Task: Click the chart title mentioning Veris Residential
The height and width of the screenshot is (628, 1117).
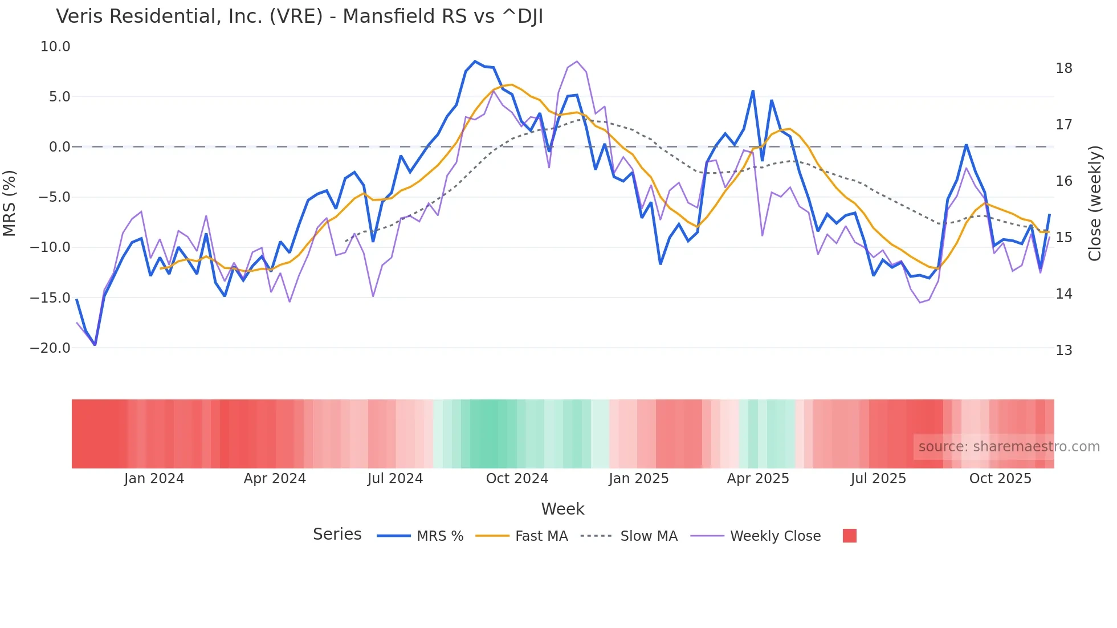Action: tap(299, 17)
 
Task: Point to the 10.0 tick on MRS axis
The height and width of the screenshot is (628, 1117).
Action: tap(55, 47)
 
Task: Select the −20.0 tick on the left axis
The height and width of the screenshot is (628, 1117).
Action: tap(50, 348)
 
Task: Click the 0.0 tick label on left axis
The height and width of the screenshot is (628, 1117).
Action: tap(59, 147)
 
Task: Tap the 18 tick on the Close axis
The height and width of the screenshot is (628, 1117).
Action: tap(1063, 68)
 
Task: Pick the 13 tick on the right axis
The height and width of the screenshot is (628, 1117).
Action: tap(1063, 350)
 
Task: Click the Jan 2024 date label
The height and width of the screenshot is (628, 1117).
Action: tap(154, 479)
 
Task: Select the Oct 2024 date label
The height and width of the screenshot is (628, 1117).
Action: tap(517, 479)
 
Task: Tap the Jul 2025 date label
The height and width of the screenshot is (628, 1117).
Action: tap(878, 479)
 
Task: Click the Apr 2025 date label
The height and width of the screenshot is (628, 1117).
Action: tap(758, 479)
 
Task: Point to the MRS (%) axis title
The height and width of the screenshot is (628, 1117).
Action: tap(10, 203)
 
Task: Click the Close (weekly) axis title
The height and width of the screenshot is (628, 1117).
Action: tap(1094, 203)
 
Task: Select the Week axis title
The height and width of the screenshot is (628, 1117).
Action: tap(562, 509)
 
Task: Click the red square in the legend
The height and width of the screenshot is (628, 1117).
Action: tap(849, 536)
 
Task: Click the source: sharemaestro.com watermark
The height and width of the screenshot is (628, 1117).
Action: tap(1009, 447)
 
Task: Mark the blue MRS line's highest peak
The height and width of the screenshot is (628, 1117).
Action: tap(475, 62)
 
